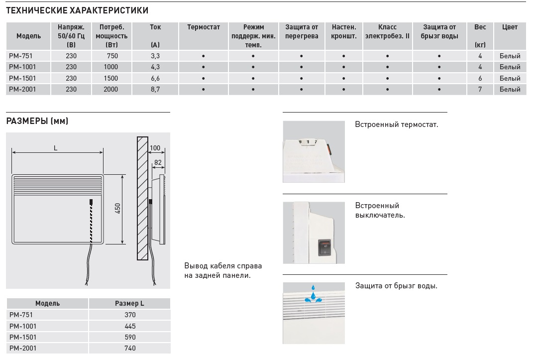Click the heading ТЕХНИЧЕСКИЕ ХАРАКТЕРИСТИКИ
point(77,10)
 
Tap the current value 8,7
point(155,89)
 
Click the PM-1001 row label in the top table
point(23,67)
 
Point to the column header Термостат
point(204,27)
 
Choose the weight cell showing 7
point(480,89)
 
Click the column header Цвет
point(510,27)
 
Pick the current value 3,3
point(155,56)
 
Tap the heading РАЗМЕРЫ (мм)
point(37,121)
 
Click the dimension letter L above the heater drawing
point(56,148)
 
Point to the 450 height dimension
point(118,209)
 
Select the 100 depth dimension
point(155,148)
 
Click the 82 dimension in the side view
point(158,162)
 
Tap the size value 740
point(130,349)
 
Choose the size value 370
point(130,315)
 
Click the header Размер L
point(129,303)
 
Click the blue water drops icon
point(313,294)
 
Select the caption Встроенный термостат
point(396,124)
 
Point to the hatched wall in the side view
point(142,199)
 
